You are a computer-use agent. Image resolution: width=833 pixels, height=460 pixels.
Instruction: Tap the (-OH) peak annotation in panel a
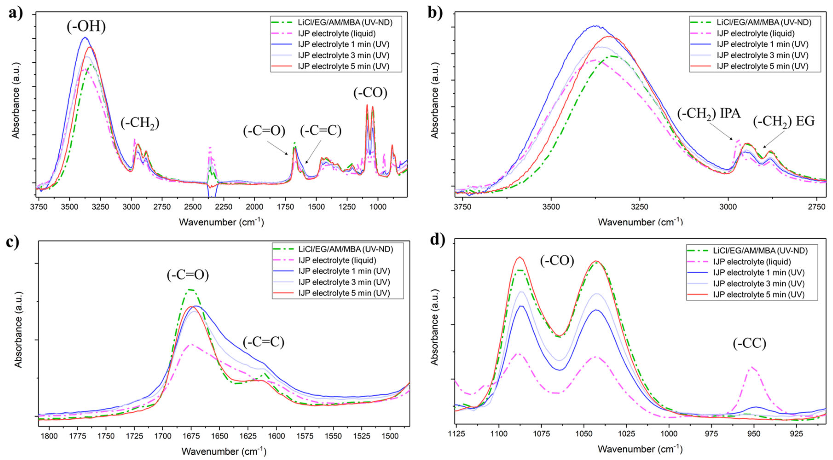point(86,26)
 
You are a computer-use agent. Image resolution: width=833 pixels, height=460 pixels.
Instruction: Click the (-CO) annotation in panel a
point(370,93)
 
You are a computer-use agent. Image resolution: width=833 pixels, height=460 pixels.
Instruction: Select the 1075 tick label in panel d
point(541,433)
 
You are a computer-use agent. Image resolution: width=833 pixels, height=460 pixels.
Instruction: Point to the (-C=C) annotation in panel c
point(264,342)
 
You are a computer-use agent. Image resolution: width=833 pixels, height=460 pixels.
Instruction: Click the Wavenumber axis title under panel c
point(224,451)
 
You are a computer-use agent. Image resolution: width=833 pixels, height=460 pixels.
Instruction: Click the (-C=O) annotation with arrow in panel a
point(264,131)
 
